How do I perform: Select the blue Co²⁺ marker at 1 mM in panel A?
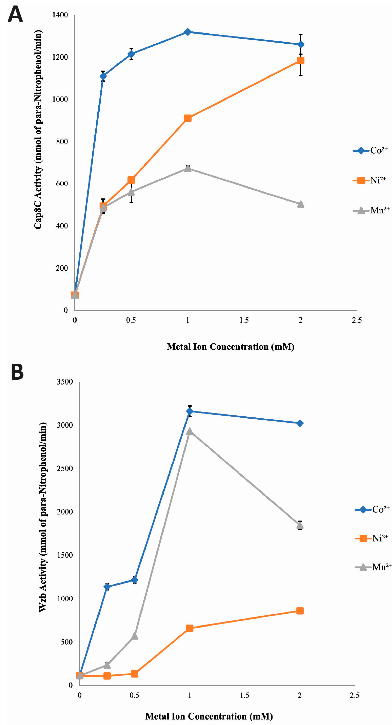188,32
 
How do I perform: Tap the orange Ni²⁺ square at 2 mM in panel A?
301,61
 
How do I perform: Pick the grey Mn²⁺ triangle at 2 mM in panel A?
301,204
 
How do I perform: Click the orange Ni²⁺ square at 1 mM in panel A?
188,118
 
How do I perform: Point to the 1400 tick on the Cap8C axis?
60,15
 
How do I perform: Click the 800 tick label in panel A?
62,141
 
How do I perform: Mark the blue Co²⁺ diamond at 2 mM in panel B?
300,423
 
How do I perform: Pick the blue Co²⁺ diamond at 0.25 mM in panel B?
107,587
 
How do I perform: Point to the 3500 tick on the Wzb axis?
65,382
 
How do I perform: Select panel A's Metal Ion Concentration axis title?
231,347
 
